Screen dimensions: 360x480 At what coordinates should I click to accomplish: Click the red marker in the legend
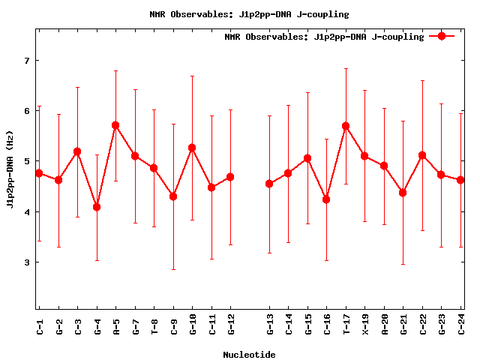[442, 36]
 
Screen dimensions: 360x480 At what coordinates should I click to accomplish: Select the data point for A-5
[115, 125]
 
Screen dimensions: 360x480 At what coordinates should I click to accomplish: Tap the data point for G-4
[97, 207]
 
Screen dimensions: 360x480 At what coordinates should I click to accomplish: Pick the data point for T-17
[346, 126]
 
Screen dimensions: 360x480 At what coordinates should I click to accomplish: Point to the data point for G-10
[192, 148]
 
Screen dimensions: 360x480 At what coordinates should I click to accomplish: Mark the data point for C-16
[326, 199]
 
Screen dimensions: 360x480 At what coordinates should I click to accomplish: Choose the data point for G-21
[403, 193]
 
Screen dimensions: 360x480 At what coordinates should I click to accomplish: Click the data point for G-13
[269, 184]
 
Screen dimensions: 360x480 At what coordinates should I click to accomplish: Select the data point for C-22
[422, 155]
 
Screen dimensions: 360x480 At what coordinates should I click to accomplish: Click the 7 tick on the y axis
[26, 60]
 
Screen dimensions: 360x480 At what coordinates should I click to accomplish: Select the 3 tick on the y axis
[26, 262]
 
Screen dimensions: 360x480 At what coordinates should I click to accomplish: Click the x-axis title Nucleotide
[249, 355]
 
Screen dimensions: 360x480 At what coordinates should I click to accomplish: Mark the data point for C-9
[173, 196]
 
